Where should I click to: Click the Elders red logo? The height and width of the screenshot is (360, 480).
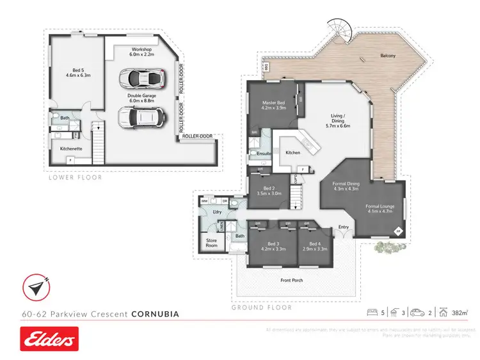(49, 338)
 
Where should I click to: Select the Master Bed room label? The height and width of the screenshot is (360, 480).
(275, 106)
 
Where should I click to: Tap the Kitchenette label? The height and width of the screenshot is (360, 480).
(71, 148)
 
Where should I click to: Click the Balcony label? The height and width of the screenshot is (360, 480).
(388, 56)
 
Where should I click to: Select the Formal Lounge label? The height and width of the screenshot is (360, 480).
(380, 209)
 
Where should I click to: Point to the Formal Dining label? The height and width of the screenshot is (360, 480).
(346, 186)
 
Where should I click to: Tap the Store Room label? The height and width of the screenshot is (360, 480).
(211, 243)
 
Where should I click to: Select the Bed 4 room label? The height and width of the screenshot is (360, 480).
(314, 246)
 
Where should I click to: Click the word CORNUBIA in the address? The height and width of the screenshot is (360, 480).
(155, 315)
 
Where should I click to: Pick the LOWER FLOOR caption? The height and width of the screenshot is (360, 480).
(76, 177)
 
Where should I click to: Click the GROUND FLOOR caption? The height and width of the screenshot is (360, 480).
(262, 307)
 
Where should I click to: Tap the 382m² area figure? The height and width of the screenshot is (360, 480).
(458, 313)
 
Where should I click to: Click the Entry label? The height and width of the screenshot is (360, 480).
(344, 227)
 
